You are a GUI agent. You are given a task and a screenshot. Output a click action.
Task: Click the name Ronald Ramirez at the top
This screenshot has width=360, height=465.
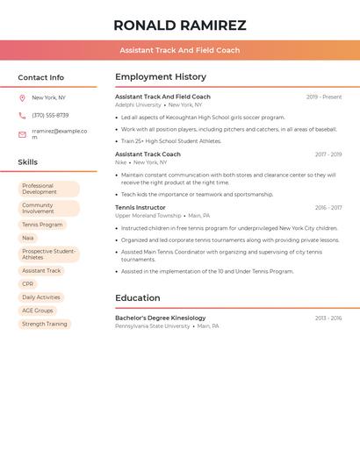tap(180, 25)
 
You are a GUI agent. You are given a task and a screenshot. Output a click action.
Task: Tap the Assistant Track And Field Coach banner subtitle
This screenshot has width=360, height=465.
tap(180, 50)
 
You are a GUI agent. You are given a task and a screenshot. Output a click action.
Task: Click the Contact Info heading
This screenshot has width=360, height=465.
tap(41, 77)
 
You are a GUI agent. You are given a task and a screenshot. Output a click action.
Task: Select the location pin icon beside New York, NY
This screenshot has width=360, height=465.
tap(22, 97)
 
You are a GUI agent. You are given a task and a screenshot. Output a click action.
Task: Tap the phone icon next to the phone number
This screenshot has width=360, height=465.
tap(22, 115)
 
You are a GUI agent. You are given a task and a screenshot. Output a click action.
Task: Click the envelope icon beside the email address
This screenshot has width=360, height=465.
tap(22, 134)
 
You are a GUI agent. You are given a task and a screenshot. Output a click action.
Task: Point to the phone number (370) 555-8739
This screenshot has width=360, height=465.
tap(50, 115)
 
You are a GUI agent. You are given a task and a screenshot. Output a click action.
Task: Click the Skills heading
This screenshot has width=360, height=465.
tap(28, 161)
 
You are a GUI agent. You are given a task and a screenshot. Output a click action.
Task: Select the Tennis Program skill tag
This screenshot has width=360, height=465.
tap(42, 225)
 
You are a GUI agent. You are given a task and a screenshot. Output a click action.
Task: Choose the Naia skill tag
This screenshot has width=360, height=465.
tap(28, 238)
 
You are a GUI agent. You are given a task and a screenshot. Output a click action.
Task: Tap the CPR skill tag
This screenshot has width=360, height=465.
tap(28, 284)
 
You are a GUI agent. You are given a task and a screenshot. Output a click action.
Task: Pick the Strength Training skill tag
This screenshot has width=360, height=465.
tap(45, 324)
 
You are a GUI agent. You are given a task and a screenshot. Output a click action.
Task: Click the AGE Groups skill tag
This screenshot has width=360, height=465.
tap(38, 311)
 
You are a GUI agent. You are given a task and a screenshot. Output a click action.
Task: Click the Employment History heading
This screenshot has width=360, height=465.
tap(161, 77)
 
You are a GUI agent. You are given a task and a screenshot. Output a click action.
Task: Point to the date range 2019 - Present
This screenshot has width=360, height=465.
tap(324, 97)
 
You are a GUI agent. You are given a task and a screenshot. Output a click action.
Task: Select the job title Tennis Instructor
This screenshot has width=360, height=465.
tap(140, 208)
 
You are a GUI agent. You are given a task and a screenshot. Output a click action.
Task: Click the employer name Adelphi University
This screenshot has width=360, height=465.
tap(138, 104)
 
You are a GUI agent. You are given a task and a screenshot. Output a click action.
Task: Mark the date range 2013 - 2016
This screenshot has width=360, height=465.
tap(328, 318)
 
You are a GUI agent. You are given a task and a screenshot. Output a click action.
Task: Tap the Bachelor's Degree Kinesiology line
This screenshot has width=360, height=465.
tap(161, 318)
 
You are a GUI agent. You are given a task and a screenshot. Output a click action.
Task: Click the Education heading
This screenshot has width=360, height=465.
tap(138, 297)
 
